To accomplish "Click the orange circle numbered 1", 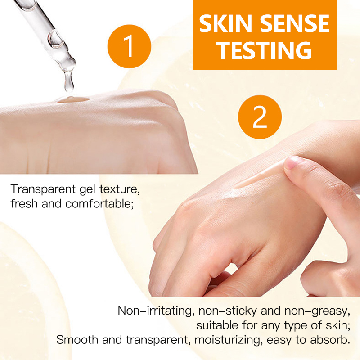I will pyautogui.click(x=129, y=45).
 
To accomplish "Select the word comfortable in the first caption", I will pyautogui.click(x=99, y=204).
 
